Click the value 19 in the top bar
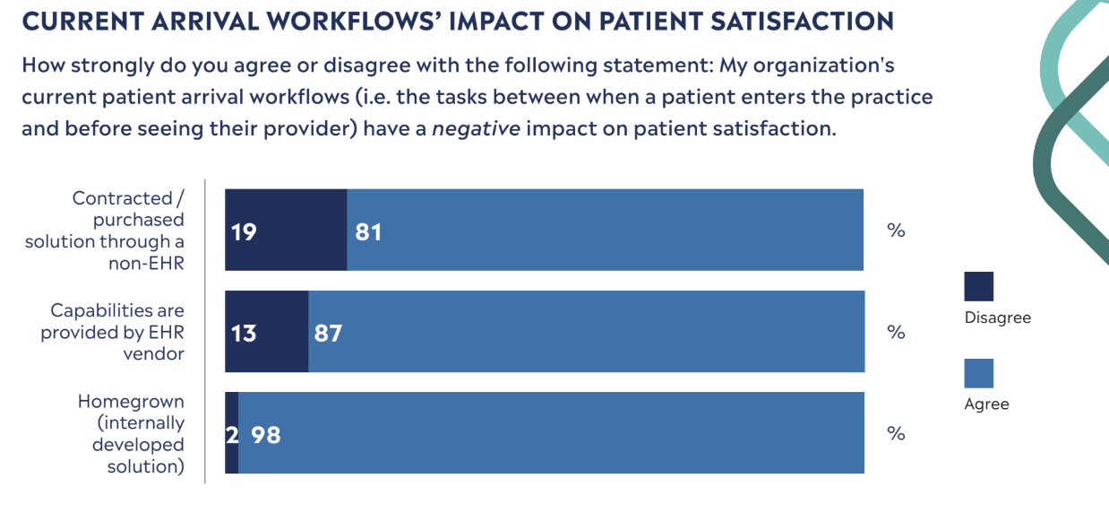pyautogui.click(x=244, y=232)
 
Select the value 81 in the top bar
pyautogui.click(x=368, y=232)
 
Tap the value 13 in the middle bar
pyautogui.click(x=244, y=334)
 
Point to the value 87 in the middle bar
pyautogui.click(x=328, y=334)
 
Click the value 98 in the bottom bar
pyautogui.click(x=266, y=435)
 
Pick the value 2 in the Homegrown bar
pyautogui.click(x=231, y=435)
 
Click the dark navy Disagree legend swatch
pyautogui.click(x=978, y=286)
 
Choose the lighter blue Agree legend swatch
pyautogui.click(x=978, y=373)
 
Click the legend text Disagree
pyautogui.click(x=997, y=317)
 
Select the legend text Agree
pyautogui.click(x=986, y=404)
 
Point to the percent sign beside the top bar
pyautogui.click(x=896, y=230)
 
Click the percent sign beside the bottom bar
pyautogui.click(x=896, y=433)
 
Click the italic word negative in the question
pyautogui.click(x=476, y=128)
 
